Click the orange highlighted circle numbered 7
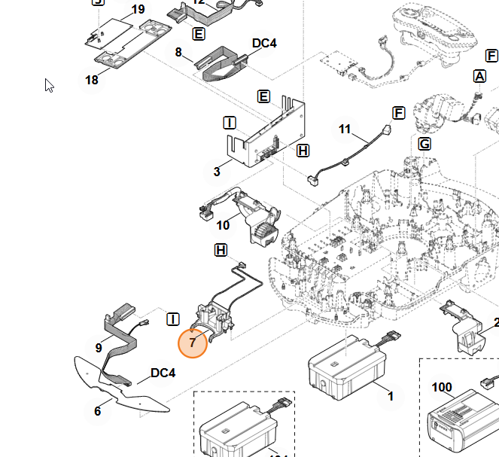coord(193,343)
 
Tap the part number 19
coord(138,10)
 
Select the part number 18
coord(92,80)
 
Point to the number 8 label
coord(178,53)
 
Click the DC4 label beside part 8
coord(264,44)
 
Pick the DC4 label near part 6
coord(163,373)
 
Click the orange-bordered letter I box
coord(230,123)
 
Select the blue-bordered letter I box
coord(173,319)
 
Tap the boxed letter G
coord(424,144)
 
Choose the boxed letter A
coord(479,76)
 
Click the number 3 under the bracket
coord(217,172)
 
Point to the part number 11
coord(345,129)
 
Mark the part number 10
coord(223,225)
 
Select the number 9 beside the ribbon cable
coord(99,348)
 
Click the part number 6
coord(97,411)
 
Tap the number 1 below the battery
coord(390,396)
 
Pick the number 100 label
coord(442,388)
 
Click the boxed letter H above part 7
coord(221,249)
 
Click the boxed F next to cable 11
coord(399,113)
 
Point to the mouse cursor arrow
coord(49,85)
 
